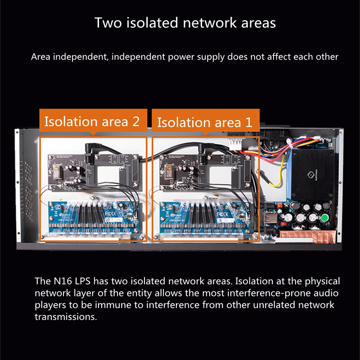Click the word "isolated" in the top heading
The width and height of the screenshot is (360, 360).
(x=152, y=23)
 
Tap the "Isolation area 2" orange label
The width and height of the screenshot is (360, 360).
(x=93, y=120)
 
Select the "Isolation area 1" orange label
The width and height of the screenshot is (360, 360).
(x=206, y=121)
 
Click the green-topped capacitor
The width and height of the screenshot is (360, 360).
(x=324, y=217)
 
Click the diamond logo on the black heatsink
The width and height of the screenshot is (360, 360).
(x=310, y=175)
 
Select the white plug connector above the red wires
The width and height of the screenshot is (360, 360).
(x=235, y=144)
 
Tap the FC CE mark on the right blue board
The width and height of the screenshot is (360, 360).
(x=222, y=215)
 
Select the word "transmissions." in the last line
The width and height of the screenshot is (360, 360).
(x=66, y=317)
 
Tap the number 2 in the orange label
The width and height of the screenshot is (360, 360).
(x=136, y=121)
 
